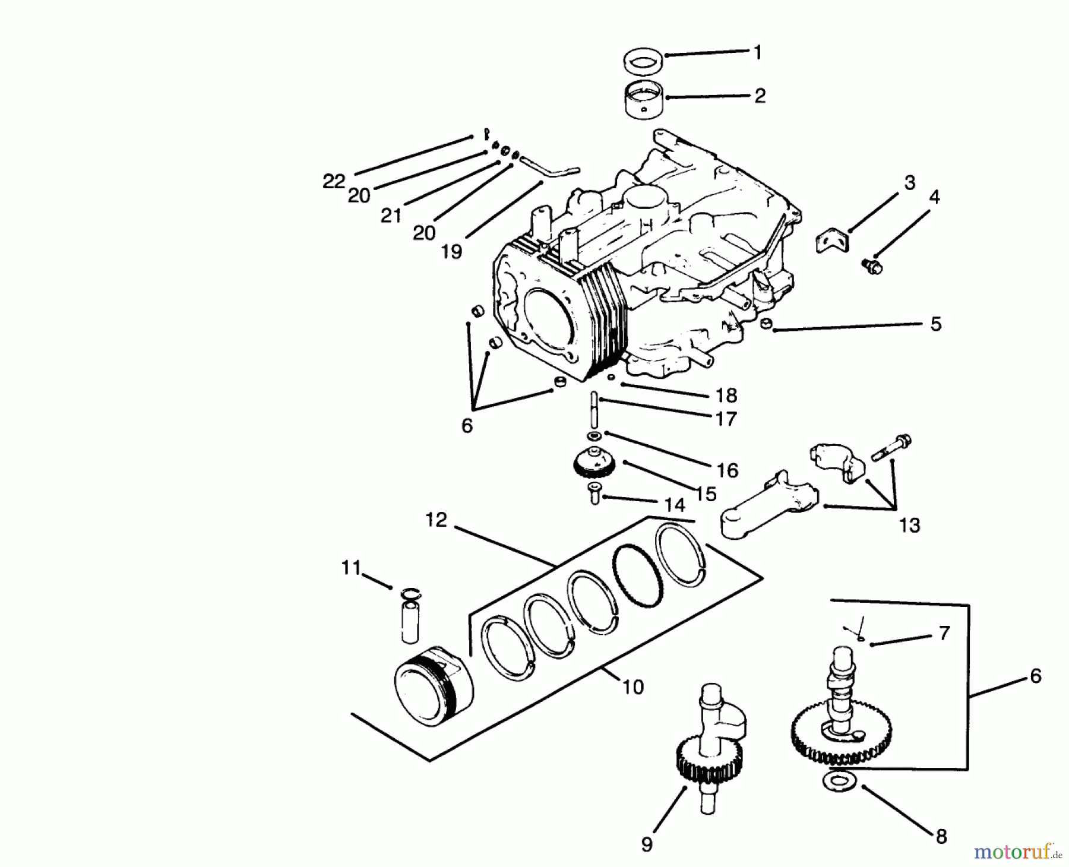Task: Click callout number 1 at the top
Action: (x=757, y=52)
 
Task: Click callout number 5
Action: (x=935, y=324)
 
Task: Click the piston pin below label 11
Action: (x=410, y=621)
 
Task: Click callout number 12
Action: (x=436, y=520)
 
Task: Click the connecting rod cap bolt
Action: (x=891, y=449)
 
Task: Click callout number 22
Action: (x=334, y=181)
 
